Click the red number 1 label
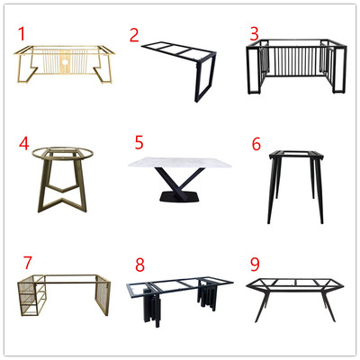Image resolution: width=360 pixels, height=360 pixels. [22, 34]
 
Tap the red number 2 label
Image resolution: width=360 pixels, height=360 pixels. [134, 35]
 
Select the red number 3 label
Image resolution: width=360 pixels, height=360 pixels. [254, 33]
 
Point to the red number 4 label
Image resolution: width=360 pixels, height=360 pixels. [24, 143]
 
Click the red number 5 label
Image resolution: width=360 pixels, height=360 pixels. [139, 142]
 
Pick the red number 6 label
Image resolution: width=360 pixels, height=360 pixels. [256, 144]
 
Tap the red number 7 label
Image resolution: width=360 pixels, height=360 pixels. [27, 263]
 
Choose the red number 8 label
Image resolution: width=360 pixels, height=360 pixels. [139, 265]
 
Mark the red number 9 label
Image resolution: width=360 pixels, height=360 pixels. [255, 265]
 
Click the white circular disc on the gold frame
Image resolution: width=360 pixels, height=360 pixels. [65, 62]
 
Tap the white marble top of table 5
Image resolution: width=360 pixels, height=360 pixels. [180, 162]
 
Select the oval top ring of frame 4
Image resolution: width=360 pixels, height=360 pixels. [63, 153]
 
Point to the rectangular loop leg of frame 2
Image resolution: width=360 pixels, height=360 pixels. [206, 76]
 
